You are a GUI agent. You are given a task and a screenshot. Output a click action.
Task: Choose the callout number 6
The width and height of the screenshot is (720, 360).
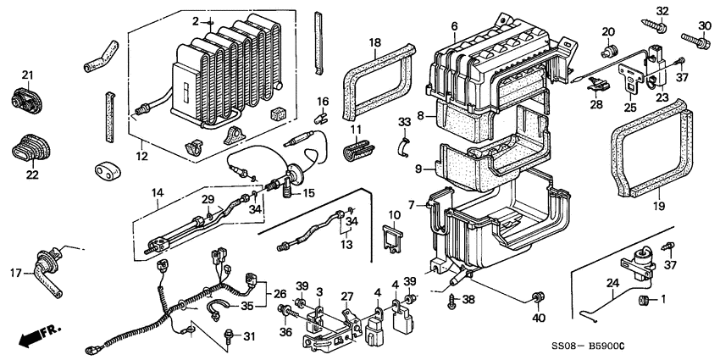point(454,27)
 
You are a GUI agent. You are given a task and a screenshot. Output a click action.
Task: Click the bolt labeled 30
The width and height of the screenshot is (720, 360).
point(698,39)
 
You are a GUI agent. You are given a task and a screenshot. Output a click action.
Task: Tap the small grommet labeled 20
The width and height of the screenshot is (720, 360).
point(607,47)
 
